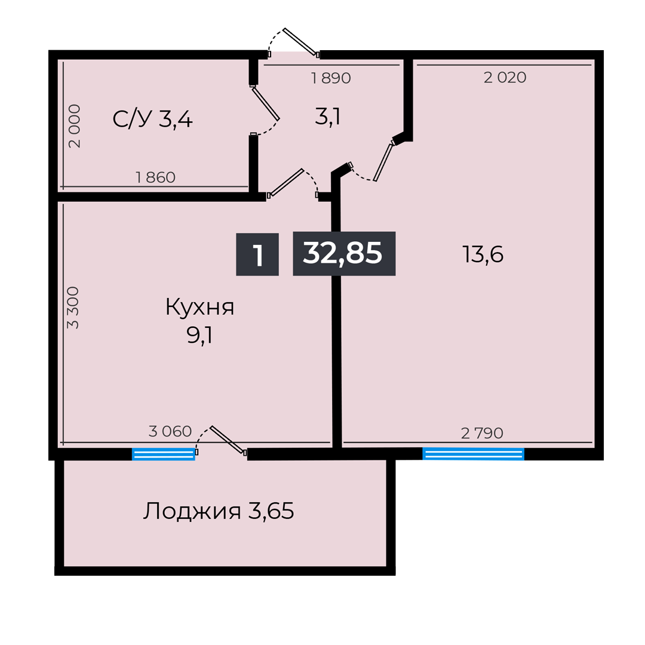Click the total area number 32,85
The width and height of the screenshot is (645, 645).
coord(343,253)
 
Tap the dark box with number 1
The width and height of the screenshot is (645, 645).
coord(257,254)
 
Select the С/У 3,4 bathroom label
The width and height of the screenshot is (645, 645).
coord(152,119)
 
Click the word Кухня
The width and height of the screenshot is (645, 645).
coord(199,308)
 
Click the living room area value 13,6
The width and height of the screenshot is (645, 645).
coord(483,255)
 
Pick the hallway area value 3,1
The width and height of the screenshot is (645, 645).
coord(327,117)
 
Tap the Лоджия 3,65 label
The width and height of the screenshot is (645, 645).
coord(218,511)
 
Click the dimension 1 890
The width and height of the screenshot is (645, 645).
coord(330,78)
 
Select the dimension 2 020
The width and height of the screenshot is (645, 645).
coord(505,77)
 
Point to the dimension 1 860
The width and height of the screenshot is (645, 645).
coord(155,177)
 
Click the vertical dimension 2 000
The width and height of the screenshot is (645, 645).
coord(74,126)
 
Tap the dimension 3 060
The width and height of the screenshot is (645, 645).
coord(170,431)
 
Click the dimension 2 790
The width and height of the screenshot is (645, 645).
coord(482,433)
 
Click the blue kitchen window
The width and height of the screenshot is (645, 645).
coord(163,454)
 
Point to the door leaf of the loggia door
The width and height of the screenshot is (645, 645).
coord(228,440)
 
